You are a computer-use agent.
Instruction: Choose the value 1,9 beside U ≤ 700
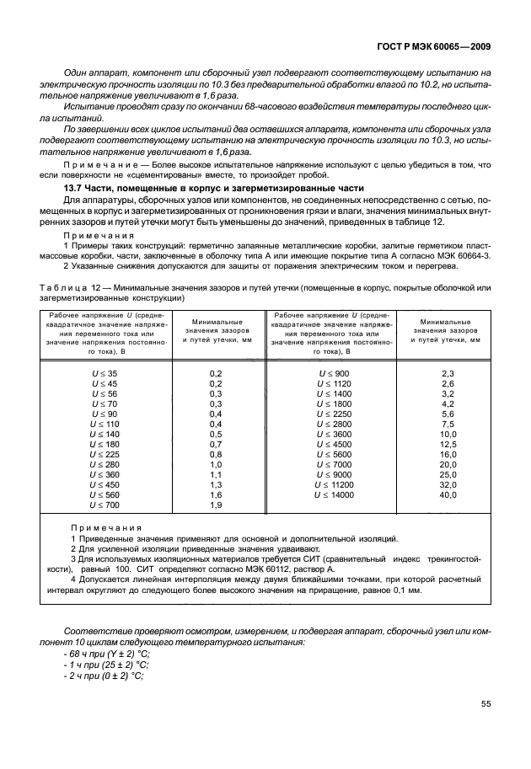[x=215, y=505]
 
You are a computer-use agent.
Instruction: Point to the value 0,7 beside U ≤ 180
[x=215, y=443]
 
